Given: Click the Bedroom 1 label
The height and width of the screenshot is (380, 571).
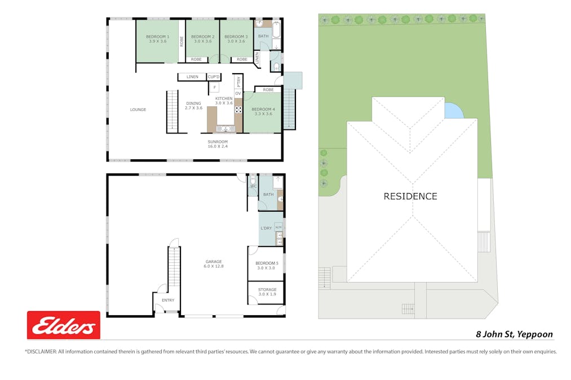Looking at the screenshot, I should tap(157, 39).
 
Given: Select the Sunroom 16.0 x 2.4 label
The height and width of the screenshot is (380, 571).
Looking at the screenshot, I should tap(218, 144).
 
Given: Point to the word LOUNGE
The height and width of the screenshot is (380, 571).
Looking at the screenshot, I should tap(138, 110).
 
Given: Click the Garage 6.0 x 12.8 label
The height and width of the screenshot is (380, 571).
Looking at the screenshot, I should tap(214, 263).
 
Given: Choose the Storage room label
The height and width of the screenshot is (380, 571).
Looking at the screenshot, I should tap(267, 292).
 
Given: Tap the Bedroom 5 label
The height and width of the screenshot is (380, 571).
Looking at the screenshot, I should tap(267, 266).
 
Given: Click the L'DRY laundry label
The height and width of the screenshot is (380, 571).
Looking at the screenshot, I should tap(266, 228).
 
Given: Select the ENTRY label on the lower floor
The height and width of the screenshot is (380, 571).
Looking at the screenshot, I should tap(168, 300).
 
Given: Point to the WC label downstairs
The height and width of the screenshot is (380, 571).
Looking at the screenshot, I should tap(253, 186).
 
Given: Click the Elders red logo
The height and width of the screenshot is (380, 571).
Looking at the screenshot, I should tap(64, 325).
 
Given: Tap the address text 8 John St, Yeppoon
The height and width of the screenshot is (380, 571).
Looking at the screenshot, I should tap(514, 334).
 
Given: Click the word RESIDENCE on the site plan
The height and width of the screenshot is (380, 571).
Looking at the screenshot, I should tap(410, 196).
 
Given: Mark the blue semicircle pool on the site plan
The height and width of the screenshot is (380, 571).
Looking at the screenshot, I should tap(453, 111).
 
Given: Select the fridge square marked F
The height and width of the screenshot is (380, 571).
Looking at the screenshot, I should tap(214, 88).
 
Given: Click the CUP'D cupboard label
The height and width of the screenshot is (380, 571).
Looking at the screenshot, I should tap(214, 77).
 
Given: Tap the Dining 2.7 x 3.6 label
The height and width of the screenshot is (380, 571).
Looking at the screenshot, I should tap(193, 105).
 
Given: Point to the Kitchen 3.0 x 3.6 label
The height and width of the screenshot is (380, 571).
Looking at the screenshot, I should tap(224, 101).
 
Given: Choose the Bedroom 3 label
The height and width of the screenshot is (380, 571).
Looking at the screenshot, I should tap(234, 39).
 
